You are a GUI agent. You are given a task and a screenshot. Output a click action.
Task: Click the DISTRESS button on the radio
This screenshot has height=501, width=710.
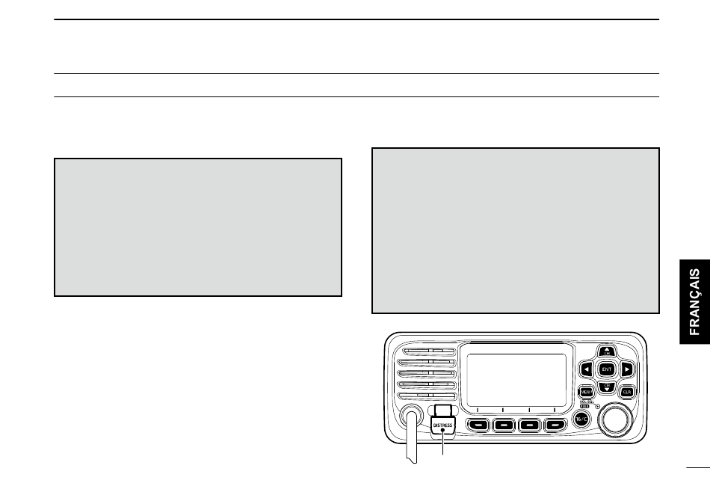(443, 424)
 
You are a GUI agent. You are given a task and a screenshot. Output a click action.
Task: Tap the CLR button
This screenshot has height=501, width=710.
(627, 391)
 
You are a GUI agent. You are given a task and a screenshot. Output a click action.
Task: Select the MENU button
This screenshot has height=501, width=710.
(586, 391)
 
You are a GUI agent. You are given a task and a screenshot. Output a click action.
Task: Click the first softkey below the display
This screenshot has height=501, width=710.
(479, 425)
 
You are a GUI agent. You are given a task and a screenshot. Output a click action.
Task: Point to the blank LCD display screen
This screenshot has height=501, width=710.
(516, 380)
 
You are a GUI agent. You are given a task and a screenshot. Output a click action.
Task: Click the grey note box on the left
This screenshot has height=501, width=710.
(197, 227)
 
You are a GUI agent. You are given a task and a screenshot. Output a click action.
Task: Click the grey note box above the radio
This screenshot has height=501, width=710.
(515, 230)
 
